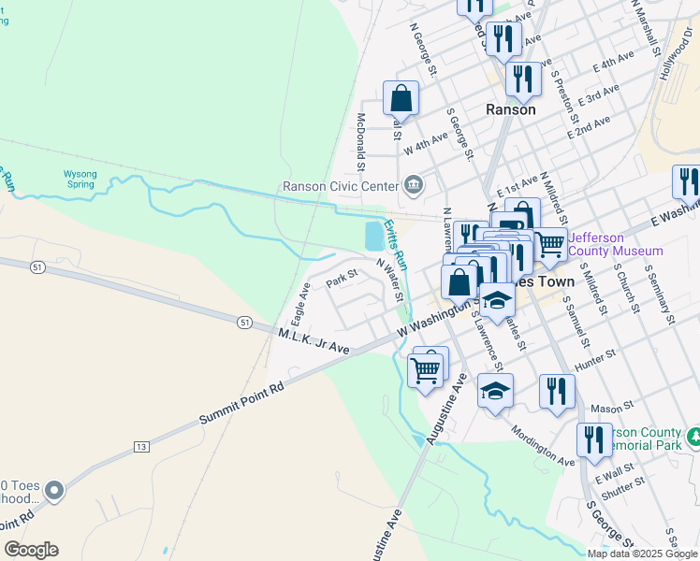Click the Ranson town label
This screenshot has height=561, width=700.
[511, 109]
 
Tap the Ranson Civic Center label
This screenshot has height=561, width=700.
[342, 186]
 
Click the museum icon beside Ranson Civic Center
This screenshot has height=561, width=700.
[413, 186]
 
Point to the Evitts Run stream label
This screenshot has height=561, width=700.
[397, 245]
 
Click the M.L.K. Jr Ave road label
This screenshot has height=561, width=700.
[314, 341]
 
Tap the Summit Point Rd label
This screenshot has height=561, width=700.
[241, 403]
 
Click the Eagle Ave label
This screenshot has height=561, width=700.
[300, 299]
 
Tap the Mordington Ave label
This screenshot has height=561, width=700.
[543, 448]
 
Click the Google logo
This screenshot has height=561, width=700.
[31, 550]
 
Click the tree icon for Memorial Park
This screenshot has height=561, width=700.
[694, 437]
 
